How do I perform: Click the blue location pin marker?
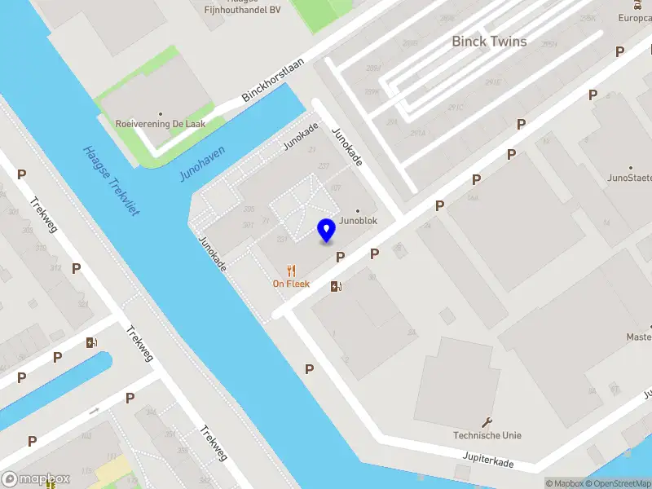(x=326, y=231)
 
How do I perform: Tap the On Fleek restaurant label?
(x=291, y=284)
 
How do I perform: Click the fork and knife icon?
(x=291, y=271)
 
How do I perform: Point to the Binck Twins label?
(x=489, y=42)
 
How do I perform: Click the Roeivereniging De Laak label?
(x=161, y=124)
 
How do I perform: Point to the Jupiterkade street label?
(x=489, y=462)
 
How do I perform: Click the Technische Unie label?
(x=487, y=435)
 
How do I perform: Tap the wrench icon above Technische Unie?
(x=487, y=422)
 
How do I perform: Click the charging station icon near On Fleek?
(x=336, y=286)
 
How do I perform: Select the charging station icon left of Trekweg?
(x=90, y=343)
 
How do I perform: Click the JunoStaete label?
(x=629, y=177)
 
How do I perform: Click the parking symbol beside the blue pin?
(x=341, y=257)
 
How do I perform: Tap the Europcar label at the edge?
(x=636, y=18)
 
